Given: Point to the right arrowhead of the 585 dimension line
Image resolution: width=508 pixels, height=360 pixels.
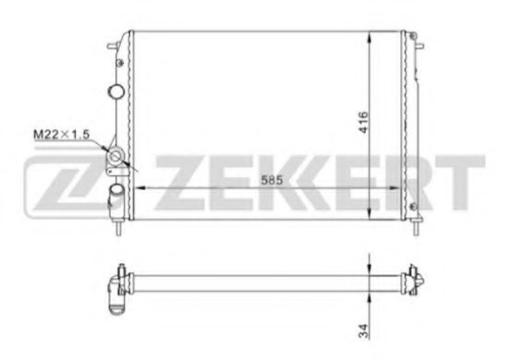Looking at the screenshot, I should [x=400, y=188].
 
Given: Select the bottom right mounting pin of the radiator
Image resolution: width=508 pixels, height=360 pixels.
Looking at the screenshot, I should [x=417, y=225].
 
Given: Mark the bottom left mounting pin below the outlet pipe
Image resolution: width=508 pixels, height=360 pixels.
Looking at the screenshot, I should [x=120, y=225].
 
